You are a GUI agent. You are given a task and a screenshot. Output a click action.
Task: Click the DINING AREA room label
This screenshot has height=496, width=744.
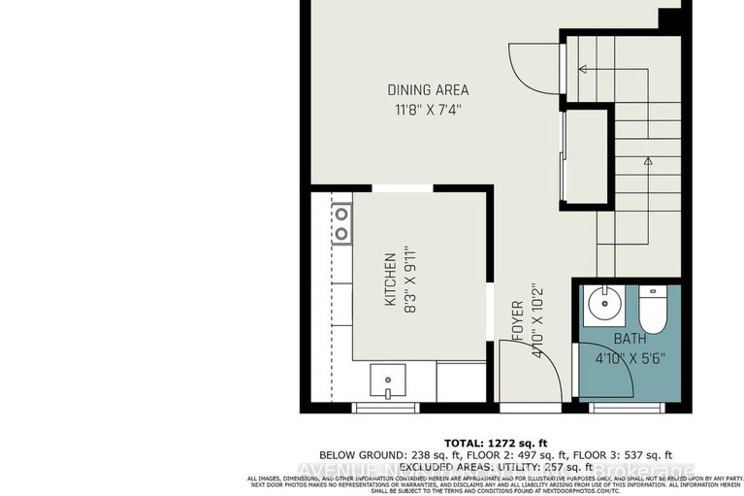coord(427,90)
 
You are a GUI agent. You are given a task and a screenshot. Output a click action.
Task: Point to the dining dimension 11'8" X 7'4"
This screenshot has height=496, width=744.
coord(427,110)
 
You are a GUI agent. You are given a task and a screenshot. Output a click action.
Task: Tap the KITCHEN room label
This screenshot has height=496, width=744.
coord(389,280)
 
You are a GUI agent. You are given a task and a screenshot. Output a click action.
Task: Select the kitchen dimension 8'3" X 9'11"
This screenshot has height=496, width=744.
coord(409,280)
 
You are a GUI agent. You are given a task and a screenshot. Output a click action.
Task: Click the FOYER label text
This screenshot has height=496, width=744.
coord(517,324)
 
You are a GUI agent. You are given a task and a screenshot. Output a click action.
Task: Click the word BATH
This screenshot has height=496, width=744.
coord(629,339)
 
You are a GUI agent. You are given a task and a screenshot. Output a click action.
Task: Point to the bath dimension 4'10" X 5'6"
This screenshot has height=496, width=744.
coord(629,356)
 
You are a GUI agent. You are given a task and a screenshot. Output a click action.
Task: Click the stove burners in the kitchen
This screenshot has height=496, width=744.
coord(341,223)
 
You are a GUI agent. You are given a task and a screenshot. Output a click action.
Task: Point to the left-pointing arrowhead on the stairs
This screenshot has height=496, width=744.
coord(582,69)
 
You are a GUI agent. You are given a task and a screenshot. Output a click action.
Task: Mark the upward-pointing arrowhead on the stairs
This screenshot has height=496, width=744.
coord(647,161)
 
